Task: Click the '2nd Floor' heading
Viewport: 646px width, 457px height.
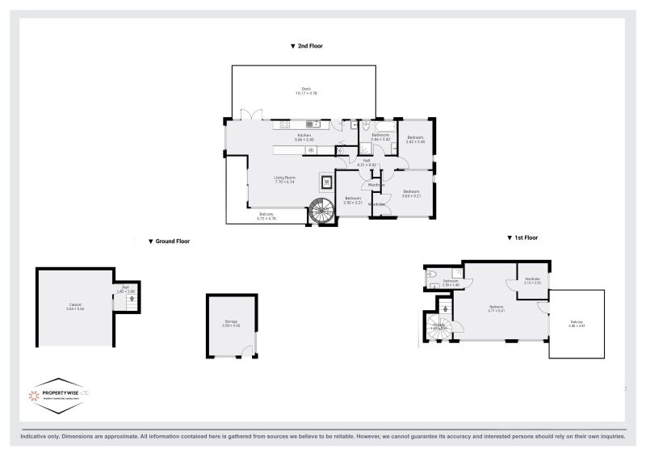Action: click(x=307, y=47)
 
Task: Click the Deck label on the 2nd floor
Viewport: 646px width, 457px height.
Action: click(x=306, y=90)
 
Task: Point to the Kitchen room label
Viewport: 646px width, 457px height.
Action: click(x=304, y=136)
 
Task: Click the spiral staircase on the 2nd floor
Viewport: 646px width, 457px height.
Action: click(x=321, y=212)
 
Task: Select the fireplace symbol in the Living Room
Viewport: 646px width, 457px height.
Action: click(x=327, y=181)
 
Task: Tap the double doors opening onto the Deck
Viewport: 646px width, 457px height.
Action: click(x=254, y=114)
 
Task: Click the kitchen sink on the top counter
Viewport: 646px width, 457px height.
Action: click(x=285, y=126)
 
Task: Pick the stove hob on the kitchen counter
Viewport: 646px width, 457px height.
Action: click(x=316, y=126)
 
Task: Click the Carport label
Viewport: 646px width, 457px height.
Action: click(x=74, y=307)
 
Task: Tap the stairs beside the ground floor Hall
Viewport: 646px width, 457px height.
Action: click(x=130, y=300)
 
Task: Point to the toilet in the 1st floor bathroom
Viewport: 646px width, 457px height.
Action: click(x=433, y=275)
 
